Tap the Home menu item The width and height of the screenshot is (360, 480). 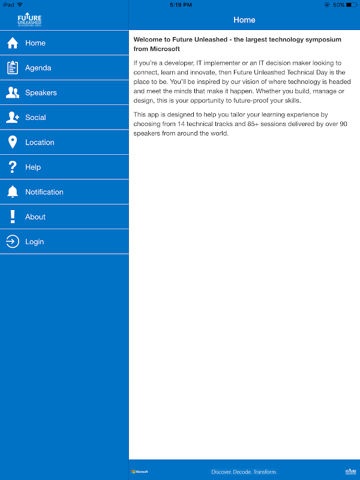pos(35,43)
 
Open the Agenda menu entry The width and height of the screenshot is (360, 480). pos(38,68)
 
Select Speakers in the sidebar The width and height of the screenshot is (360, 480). pos(41,93)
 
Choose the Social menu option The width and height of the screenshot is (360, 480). pos(35,118)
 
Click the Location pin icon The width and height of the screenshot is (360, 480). pos(13,142)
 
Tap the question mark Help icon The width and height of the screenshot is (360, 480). pos(13,167)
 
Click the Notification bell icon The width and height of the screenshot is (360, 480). pos(13,192)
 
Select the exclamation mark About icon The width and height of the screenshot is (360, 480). pos(13,217)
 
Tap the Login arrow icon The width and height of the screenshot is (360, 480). pos(13,242)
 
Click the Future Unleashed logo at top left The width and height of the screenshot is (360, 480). pos(29,20)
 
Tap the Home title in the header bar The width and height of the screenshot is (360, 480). pos(244,20)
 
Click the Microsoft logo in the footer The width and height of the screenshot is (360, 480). pos(140,472)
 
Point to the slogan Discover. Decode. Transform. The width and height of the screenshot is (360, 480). pos(244,472)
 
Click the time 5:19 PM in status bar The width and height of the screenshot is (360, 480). pos(181,5)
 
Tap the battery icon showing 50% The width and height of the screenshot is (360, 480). pos(351,5)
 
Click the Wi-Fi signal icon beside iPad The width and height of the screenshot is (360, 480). pos(20,5)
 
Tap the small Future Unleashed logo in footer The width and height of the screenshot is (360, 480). pos(350,472)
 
